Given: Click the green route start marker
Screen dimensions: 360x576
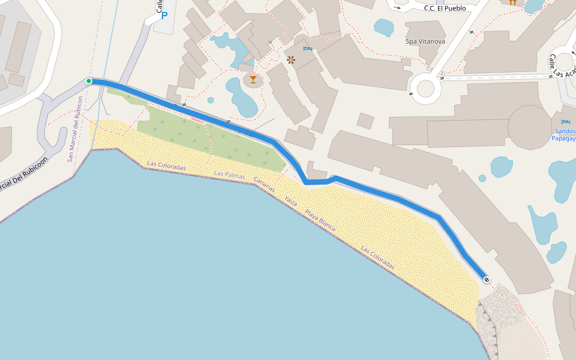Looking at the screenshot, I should click(x=89, y=81).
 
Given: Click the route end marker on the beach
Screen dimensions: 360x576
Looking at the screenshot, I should click(x=486, y=279).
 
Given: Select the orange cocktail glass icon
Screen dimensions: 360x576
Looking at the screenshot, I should click(x=253, y=80).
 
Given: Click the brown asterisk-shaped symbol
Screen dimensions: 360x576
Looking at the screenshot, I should click(x=291, y=59).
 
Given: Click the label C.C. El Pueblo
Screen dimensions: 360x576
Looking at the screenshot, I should click(x=445, y=8).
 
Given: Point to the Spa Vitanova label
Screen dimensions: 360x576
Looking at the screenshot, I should click(x=425, y=41).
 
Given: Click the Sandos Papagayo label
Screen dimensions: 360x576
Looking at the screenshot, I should click(x=563, y=134).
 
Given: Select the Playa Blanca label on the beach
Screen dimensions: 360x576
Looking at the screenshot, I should click(x=320, y=220).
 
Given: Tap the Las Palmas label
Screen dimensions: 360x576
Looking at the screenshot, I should click(x=230, y=175).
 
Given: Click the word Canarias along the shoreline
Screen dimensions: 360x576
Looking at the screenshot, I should click(x=264, y=184).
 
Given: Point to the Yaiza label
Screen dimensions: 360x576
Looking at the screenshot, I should click(x=291, y=201).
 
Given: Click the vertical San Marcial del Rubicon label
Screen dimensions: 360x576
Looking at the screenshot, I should click(x=74, y=128).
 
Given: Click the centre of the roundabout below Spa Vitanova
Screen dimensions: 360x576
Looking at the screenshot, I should click(x=425, y=88).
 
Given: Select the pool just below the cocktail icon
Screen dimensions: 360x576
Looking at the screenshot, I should click(x=241, y=96).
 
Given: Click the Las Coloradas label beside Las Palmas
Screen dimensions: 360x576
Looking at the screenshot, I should click(x=166, y=165).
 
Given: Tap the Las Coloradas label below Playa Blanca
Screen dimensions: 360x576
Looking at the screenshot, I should click(x=377, y=257).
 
